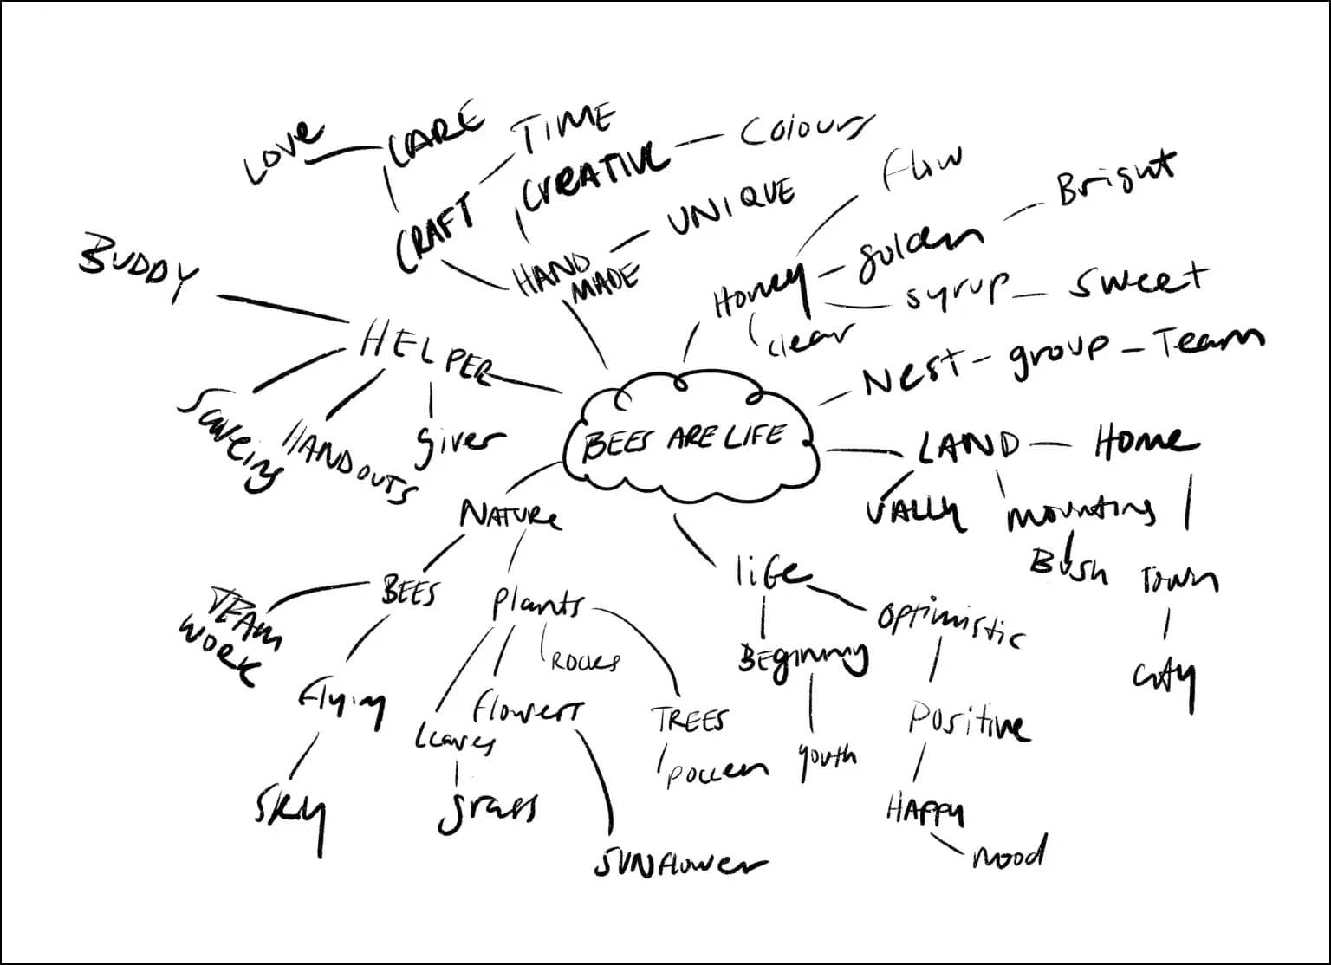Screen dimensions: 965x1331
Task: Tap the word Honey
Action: [x=756, y=293]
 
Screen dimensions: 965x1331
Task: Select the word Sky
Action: [x=292, y=813]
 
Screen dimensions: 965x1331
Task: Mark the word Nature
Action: [x=510, y=515]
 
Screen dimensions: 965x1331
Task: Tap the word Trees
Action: [x=691, y=720]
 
